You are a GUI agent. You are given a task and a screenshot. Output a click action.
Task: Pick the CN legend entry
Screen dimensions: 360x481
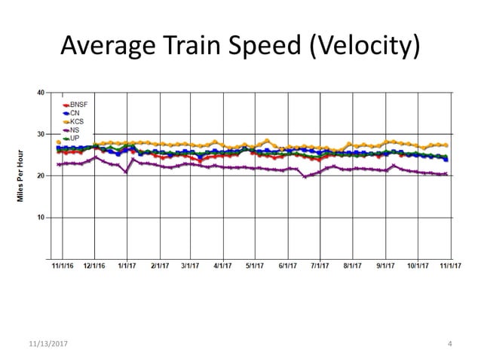[74, 113]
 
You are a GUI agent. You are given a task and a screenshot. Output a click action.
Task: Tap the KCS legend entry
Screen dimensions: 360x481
[76, 121]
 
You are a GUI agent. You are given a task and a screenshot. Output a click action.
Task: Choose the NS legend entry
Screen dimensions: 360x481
[74, 130]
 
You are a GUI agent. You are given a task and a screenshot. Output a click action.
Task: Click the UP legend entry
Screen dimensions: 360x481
[74, 139]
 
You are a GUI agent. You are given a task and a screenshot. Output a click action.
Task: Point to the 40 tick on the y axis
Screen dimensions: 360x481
[40, 93]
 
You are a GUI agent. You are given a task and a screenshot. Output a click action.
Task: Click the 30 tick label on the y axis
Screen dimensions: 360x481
[40, 134]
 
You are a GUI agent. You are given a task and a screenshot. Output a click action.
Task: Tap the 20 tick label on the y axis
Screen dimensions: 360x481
[40, 175]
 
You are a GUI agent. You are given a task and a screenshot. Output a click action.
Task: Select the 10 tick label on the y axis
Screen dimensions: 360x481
[40, 218]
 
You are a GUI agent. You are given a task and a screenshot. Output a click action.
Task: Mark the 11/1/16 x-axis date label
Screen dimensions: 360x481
[63, 266]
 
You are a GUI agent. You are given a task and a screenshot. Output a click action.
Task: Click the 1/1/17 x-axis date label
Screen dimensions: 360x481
[127, 266]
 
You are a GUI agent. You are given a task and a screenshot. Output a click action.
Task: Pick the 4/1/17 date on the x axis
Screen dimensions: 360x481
[222, 266]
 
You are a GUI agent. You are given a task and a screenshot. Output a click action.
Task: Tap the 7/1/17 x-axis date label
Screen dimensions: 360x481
[320, 266]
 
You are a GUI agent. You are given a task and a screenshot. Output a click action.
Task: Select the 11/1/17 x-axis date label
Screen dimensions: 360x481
[449, 266]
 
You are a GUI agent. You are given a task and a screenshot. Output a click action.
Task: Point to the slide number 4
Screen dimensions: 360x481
[449, 344]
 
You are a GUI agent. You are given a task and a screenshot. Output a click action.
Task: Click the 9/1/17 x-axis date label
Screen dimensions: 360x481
[385, 266]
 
